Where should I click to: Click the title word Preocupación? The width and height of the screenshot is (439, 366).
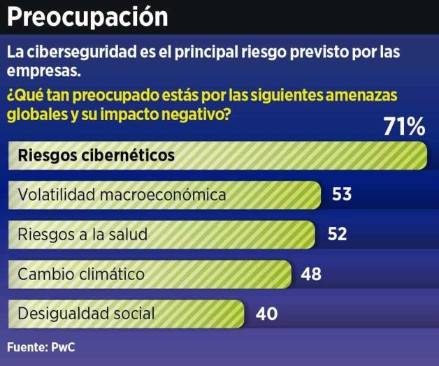point(87,17)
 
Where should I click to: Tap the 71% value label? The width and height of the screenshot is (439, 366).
point(403,128)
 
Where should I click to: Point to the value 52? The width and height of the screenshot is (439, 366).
point(337,234)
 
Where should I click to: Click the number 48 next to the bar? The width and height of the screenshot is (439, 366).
point(311,274)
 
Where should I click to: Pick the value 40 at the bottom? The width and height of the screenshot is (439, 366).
point(266,314)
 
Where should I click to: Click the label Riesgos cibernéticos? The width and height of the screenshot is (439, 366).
point(96,155)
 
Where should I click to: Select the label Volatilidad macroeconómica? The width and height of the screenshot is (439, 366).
point(122,195)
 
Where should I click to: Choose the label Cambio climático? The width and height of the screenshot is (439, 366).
point(81,274)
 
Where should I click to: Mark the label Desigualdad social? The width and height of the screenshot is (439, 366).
point(86,314)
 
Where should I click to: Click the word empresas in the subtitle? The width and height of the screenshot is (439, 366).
point(38,70)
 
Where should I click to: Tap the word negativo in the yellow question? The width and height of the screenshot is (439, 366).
point(189,114)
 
